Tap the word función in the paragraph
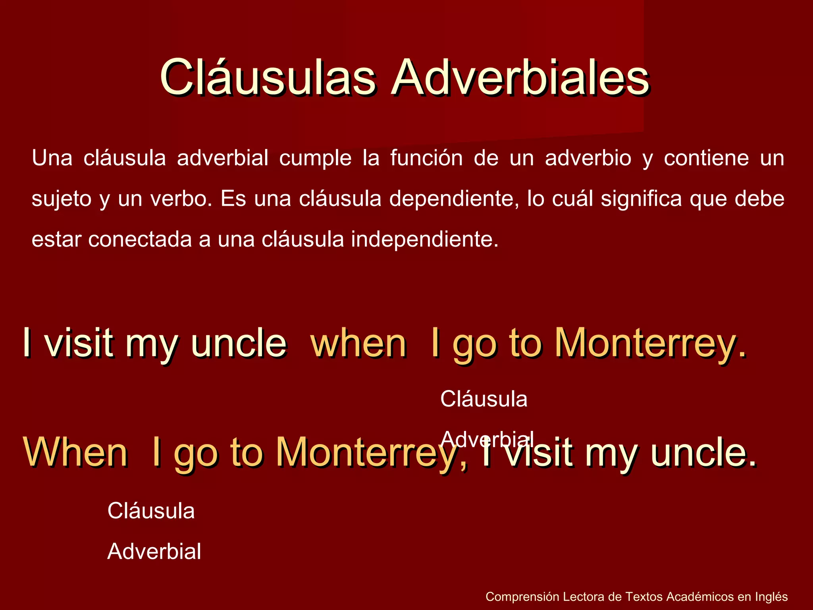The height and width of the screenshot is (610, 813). (x=426, y=158)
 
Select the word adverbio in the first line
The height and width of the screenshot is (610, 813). (x=588, y=158)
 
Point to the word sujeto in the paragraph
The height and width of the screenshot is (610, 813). (x=62, y=199)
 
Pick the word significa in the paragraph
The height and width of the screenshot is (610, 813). (x=641, y=199)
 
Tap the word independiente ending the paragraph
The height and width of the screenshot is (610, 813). (x=424, y=239)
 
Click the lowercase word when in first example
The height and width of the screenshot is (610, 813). (x=358, y=343)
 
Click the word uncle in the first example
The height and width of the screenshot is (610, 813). (x=239, y=343)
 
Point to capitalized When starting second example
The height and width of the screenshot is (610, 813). (x=75, y=452)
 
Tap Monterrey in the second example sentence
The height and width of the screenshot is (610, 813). (x=372, y=452)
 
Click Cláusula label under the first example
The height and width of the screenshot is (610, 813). (x=484, y=399)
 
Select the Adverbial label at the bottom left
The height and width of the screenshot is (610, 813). (x=154, y=551)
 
